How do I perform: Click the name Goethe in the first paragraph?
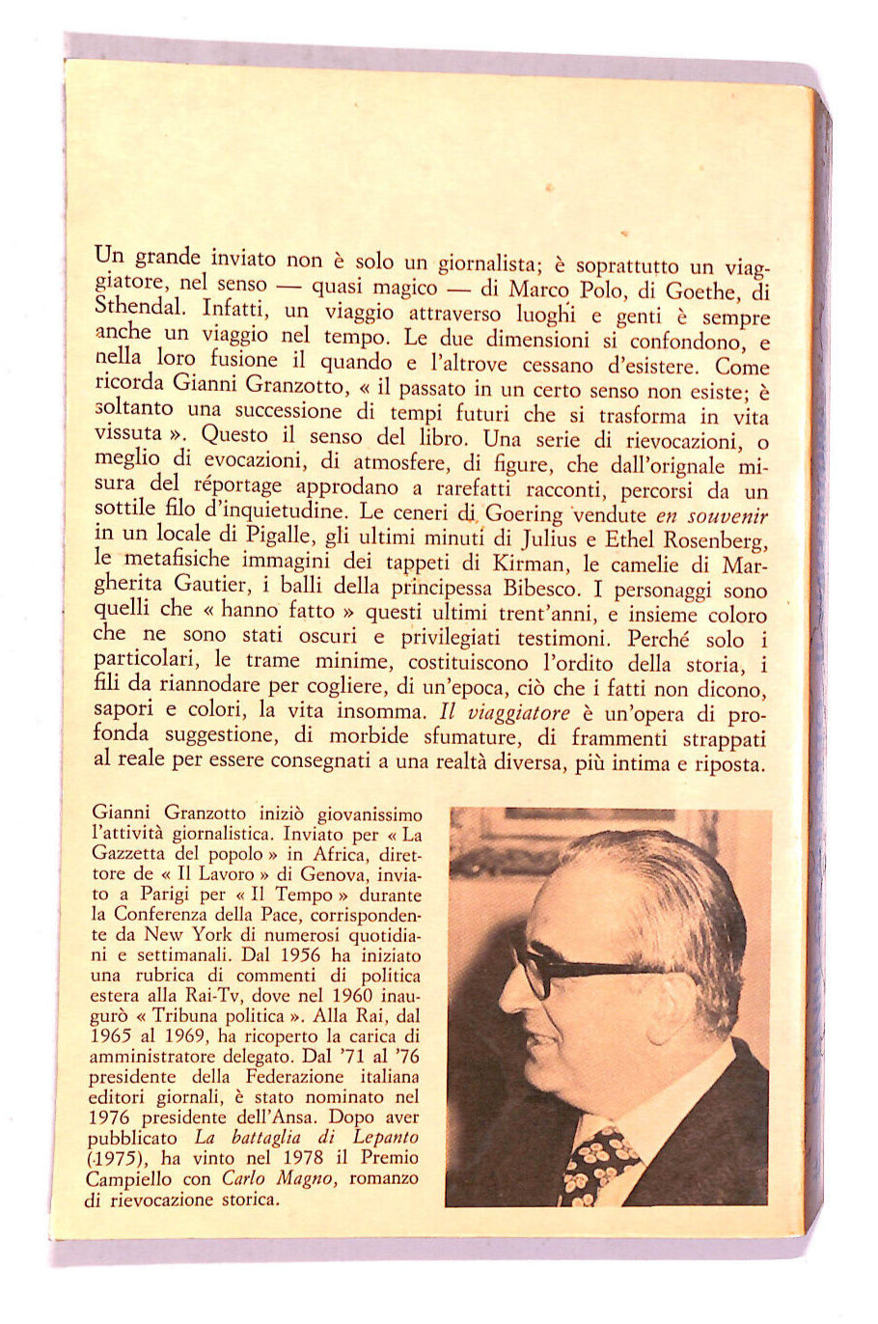pos(700,290)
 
